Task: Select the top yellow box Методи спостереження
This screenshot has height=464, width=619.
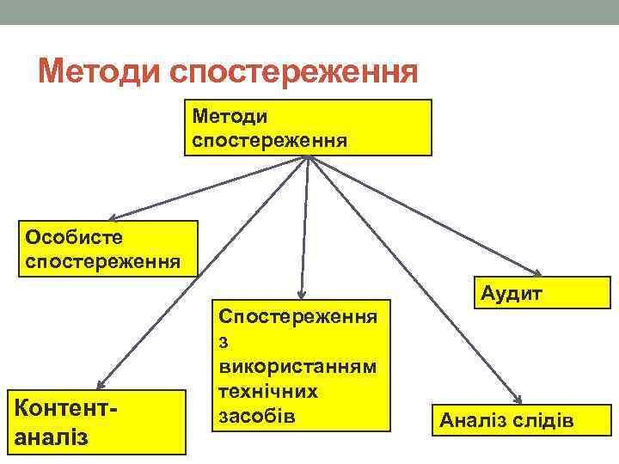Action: pyautogui.click(x=308, y=127)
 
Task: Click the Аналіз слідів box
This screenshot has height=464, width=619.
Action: pyautogui.click(x=507, y=421)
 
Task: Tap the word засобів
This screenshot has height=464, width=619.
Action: pyautogui.click(x=257, y=416)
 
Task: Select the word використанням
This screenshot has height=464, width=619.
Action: pyautogui.click(x=297, y=366)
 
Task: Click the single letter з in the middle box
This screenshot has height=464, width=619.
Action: pyautogui.click(x=225, y=341)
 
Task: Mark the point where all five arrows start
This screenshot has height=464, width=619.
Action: pyautogui.click(x=308, y=157)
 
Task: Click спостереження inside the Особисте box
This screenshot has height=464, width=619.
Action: pyautogui.click(x=103, y=260)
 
